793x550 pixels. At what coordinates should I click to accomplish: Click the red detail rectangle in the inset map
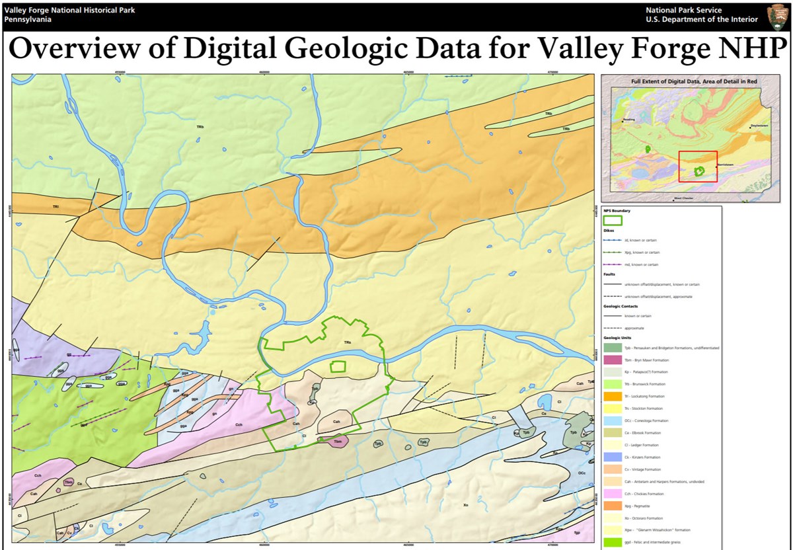coord(698,166)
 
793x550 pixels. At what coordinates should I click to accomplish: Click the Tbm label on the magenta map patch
coord(338,441)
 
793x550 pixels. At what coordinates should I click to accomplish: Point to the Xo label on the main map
coord(466,505)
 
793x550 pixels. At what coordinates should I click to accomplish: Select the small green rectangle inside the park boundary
coord(338,366)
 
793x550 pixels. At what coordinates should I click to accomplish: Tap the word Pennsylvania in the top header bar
coord(27,19)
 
